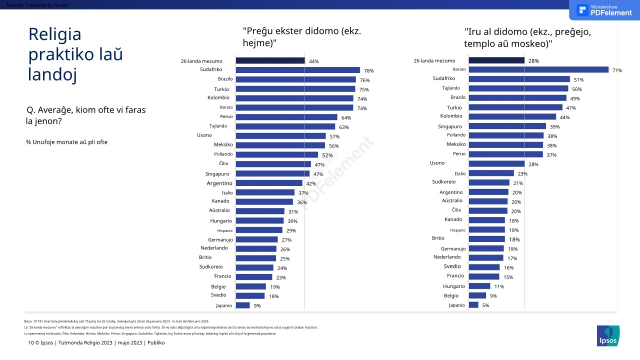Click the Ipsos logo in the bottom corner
pos(608,336)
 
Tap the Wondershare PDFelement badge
pos(604,10)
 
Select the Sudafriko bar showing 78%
pos(297,70)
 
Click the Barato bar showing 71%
pos(538,70)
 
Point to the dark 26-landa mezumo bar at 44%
pos(270,60)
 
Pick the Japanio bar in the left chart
pos(242,305)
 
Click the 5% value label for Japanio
pos(485,305)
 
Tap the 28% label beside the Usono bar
pos(533,164)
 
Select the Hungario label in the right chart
pos(453,286)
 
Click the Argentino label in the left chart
pos(219,183)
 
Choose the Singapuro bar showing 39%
pos(507,126)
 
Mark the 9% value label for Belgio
pos(493,296)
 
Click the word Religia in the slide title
pos(54,34)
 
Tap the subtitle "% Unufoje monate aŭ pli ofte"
pos(67,142)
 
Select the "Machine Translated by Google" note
pos(34,5)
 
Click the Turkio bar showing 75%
pos(295,89)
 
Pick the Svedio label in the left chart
pos(218,295)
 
